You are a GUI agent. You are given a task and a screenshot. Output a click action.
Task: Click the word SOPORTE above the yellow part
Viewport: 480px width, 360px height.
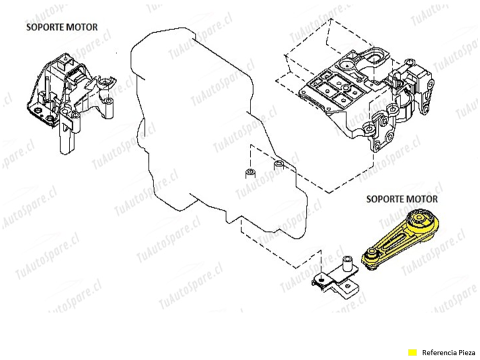(384, 199)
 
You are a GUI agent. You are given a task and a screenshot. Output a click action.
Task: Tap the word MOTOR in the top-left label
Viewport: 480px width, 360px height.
(82, 27)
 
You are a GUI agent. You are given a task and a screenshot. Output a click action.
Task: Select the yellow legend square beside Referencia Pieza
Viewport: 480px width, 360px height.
(412, 352)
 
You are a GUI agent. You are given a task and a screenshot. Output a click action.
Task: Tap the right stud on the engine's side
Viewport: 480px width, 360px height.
(279, 164)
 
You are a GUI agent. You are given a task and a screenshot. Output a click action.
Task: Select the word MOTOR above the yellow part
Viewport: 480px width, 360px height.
(421, 199)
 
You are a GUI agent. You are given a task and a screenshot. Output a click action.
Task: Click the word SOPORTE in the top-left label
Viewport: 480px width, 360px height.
(45, 27)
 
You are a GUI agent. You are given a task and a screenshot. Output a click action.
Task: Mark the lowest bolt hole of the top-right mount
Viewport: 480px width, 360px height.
(376, 146)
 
